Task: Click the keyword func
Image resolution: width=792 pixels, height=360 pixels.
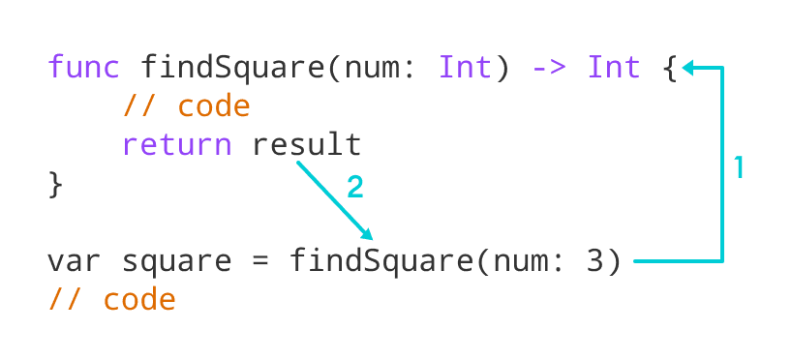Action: (x=83, y=68)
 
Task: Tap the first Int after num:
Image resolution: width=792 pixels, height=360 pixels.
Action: (x=465, y=68)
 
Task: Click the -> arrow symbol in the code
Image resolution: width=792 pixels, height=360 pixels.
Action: (x=549, y=68)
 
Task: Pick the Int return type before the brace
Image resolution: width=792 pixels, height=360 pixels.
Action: (x=614, y=68)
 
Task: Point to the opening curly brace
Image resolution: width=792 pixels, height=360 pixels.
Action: (x=669, y=68)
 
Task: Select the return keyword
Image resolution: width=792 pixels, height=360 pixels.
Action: (x=177, y=145)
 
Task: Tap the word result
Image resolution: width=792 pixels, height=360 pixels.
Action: (x=307, y=145)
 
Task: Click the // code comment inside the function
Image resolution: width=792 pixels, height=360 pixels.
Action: (x=186, y=106)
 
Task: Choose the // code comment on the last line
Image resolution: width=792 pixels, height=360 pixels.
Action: (x=111, y=300)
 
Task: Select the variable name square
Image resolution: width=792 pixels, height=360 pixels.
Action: (x=177, y=262)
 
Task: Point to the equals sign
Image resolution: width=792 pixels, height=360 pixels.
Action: (x=261, y=261)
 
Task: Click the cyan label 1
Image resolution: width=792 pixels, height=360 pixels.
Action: (x=738, y=168)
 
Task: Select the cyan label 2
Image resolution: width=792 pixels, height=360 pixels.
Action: (x=355, y=187)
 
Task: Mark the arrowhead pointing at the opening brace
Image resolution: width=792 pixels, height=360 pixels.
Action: (x=687, y=68)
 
